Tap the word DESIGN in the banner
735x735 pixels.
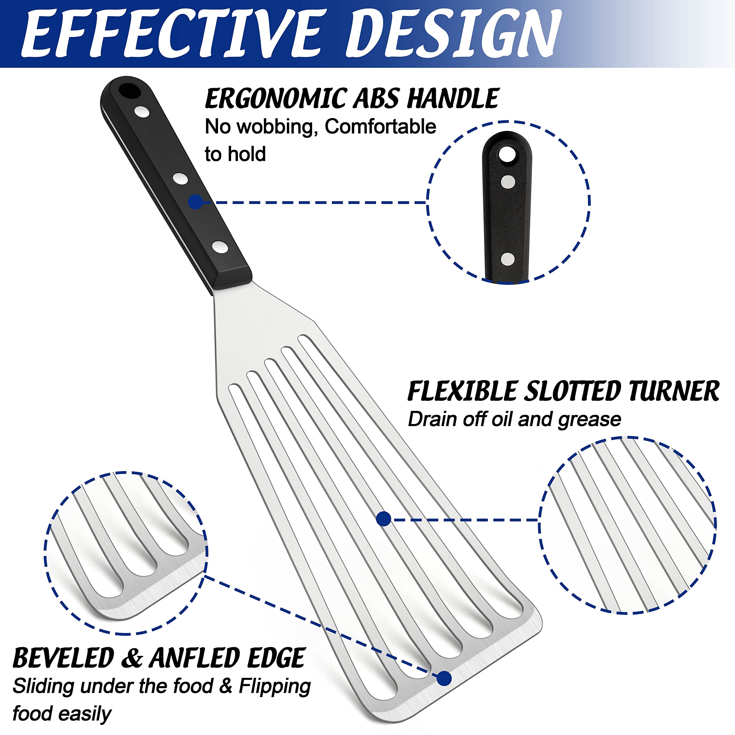453,34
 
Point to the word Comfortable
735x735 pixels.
380,127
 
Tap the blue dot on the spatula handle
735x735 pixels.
196,202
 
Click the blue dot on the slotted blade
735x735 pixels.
384,519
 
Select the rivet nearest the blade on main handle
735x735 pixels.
220,247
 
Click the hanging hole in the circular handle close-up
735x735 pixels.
506,154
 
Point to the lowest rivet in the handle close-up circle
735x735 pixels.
508,260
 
